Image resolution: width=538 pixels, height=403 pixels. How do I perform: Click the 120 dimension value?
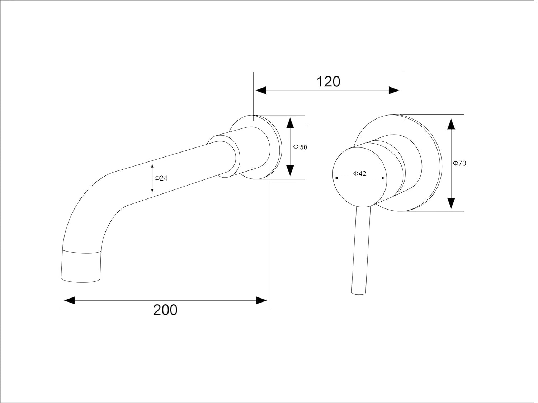328,81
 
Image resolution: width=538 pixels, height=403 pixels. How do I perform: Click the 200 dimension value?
165,310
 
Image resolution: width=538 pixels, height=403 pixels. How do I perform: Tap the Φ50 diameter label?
300,147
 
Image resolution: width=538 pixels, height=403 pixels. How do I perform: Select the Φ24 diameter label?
161,178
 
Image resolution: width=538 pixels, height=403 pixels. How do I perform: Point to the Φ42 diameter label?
360,174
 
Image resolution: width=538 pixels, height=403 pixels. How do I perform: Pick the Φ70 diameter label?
459,163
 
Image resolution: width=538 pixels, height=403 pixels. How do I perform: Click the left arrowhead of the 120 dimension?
260,90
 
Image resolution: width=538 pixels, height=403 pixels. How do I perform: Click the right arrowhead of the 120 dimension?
394,90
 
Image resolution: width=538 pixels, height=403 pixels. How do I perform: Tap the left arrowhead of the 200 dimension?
69,300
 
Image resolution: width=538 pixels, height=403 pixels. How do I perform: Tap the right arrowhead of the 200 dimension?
261,300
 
